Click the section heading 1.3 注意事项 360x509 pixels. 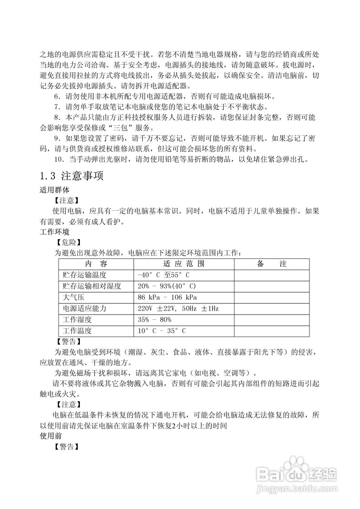click(x=72, y=176)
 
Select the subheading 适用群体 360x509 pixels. click(x=55, y=190)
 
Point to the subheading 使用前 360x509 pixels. click(x=51, y=436)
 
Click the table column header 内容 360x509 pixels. click(x=96, y=264)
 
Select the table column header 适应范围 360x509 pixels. click(x=184, y=264)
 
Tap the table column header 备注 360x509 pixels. click(x=271, y=264)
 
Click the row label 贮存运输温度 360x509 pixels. click(x=85, y=275)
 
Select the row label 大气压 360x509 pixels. click(x=72, y=297)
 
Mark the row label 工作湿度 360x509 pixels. click(x=77, y=320)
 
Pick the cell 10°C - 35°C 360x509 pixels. click(x=162, y=331)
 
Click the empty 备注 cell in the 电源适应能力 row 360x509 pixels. click(x=271, y=309)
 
